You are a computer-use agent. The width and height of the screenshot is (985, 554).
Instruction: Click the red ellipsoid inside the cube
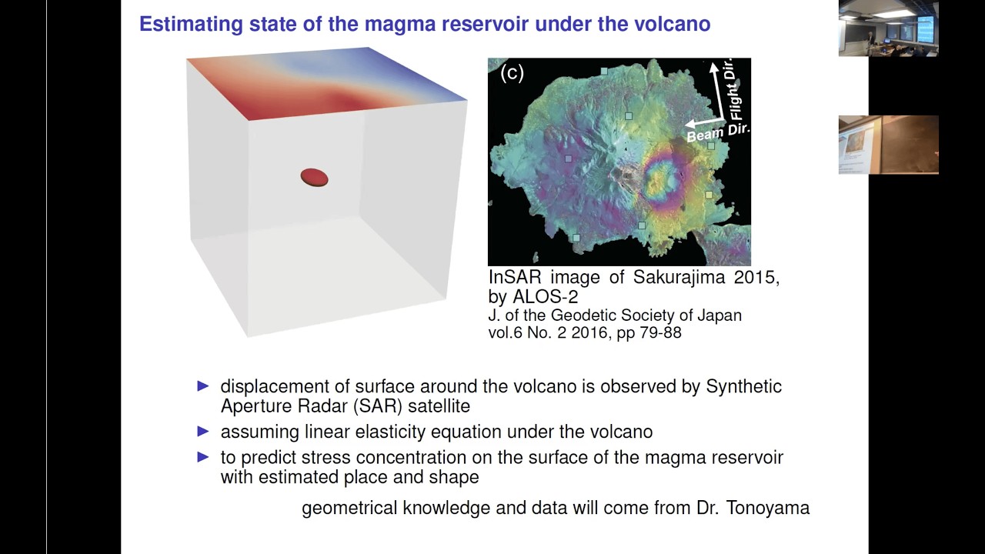[x=314, y=178]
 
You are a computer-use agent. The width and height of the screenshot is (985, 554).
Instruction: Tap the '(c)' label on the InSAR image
[x=512, y=72]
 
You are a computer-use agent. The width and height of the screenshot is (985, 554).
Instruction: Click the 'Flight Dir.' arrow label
[x=736, y=88]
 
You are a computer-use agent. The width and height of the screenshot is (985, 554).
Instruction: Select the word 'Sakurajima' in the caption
[x=679, y=277]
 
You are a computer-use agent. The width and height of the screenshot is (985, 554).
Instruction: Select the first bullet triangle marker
[x=203, y=386]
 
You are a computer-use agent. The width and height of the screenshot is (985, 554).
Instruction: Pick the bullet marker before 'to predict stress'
[x=203, y=457]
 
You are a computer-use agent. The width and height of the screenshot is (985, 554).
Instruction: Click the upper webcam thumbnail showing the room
[x=888, y=28]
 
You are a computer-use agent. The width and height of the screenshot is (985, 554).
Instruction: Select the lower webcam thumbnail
[x=888, y=145]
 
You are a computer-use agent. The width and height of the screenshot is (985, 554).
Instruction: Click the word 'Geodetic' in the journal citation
[x=579, y=315]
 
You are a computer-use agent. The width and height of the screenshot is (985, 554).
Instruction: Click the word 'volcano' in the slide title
[x=672, y=24]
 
